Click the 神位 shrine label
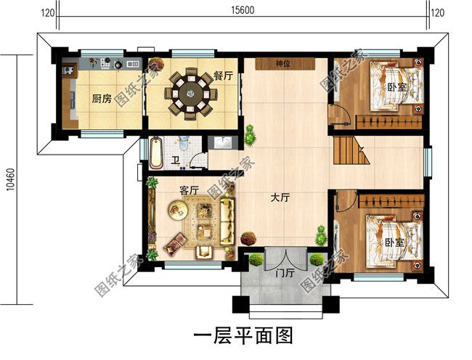click(x=283, y=64)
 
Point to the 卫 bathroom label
click(x=175, y=160)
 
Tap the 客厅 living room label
click(x=190, y=189)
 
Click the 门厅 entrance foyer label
click(x=285, y=274)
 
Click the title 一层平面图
click(x=243, y=335)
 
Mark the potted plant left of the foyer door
click(x=256, y=259)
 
